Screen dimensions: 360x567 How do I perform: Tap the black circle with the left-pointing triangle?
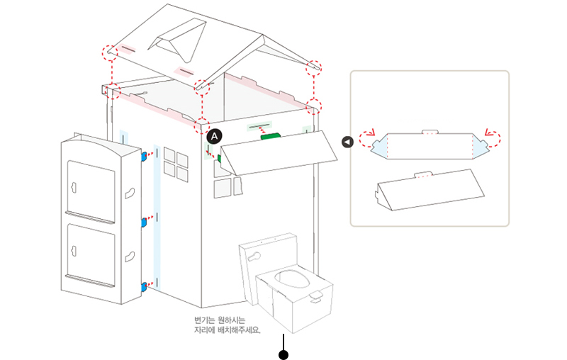click(347, 142)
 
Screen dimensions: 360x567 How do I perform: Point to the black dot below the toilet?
click(283, 354)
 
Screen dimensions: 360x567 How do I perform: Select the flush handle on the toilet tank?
click(260, 254)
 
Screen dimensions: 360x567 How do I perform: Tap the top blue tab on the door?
click(144, 154)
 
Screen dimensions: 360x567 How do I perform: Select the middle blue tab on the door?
click(144, 222)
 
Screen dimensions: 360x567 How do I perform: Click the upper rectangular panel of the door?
click(90, 188)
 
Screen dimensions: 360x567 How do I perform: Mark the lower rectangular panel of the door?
click(90, 253)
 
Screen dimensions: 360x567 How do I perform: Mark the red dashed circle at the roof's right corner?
click(313, 69)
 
